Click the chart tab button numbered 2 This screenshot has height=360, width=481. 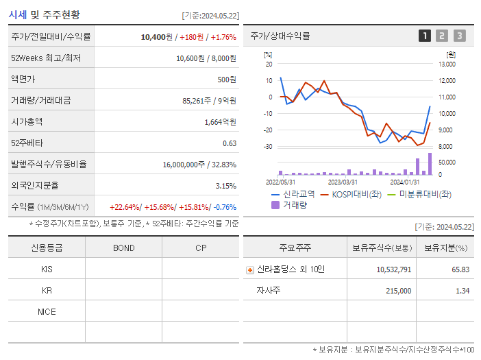point(442,36)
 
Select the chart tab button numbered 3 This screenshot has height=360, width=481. point(459,36)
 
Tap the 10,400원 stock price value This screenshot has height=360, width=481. point(157,37)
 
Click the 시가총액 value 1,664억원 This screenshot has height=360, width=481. point(220,122)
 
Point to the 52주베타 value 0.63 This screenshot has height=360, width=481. point(230,143)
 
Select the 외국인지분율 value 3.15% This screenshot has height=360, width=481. point(225,186)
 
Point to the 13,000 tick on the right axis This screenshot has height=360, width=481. point(446,64)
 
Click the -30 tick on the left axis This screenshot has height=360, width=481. point(268,147)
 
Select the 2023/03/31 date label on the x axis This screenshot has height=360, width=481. point(343,182)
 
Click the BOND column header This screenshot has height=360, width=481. point(123,248)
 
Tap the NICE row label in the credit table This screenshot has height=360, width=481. point(47,311)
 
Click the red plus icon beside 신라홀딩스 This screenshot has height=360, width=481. point(250,269)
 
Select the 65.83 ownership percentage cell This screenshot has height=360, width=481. point(460,269)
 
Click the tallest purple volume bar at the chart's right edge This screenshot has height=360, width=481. point(430,165)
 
